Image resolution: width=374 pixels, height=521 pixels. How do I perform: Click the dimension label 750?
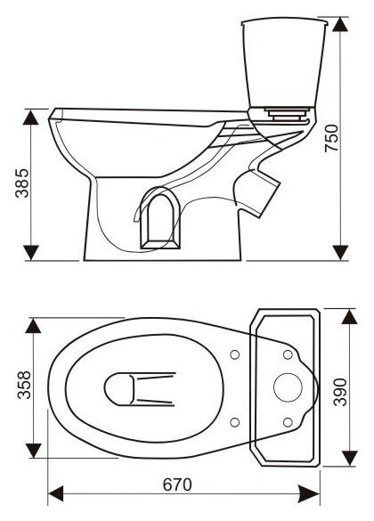pyautogui.click(x=331, y=138)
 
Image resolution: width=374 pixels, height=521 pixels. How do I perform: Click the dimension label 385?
pyautogui.click(x=22, y=183)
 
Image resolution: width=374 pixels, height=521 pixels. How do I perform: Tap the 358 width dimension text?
pyautogui.click(x=24, y=385)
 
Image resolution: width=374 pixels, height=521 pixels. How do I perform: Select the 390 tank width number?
pyautogui.click(x=340, y=392)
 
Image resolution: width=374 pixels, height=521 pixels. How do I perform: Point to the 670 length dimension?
pyautogui.click(x=177, y=484)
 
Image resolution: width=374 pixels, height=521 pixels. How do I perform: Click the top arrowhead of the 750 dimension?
pyautogui.click(x=340, y=24)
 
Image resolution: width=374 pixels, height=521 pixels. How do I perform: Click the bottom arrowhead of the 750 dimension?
pyautogui.click(x=340, y=253)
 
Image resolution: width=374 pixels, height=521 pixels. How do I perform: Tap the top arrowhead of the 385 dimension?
pyautogui.click(x=31, y=117)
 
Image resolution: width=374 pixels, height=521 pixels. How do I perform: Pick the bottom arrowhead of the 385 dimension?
pyautogui.click(x=31, y=253)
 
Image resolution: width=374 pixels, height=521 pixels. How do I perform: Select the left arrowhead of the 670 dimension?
pyautogui.click(x=56, y=493)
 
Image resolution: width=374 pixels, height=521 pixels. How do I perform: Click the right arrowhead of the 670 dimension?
pyautogui.click(x=309, y=493)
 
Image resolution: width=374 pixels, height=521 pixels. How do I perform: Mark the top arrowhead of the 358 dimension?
pyautogui.click(x=33, y=326)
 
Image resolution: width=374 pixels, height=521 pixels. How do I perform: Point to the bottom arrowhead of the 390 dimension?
pyautogui.click(x=349, y=458)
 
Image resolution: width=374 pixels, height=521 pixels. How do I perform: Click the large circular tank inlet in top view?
pyautogui.click(x=288, y=387)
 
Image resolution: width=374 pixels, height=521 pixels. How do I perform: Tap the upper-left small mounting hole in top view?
pyautogui.click(x=235, y=354)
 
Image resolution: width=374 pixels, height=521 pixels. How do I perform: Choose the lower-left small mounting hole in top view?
pyautogui.click(x=235, y=422)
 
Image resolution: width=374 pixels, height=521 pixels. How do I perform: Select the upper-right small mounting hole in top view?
pyautogui.click(x=288, y=354)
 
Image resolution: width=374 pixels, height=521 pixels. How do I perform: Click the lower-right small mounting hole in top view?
pyautogui.click(x=288, y=422)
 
